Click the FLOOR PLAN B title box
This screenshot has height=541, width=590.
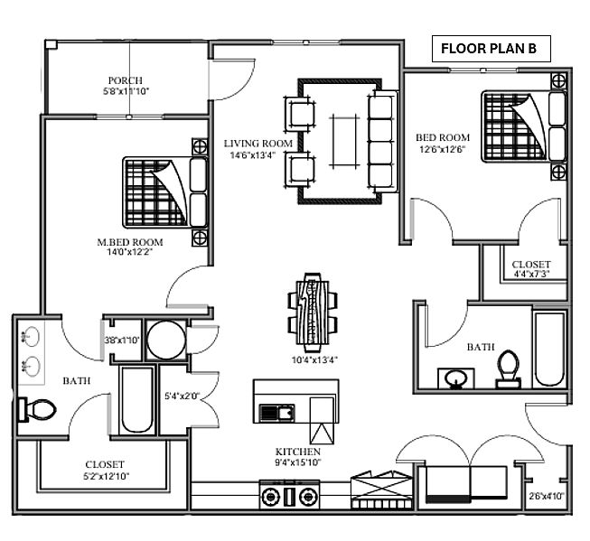tap(491, 49)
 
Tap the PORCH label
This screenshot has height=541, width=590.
tap(126, 80)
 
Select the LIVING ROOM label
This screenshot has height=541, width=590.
tap(258, 144)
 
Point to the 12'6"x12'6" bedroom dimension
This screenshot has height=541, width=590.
tap(443, 149)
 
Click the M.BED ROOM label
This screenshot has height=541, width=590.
tap(130, 242)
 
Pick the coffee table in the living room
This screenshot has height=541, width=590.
tap(344, 140)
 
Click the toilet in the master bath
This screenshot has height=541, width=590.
tap(37, 408)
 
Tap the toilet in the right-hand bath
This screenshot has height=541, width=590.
tap(509, 368)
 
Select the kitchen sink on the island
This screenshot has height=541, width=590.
tap(277, 413)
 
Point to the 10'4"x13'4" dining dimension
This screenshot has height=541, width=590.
tap(314, 360)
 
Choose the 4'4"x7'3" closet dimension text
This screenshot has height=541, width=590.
tap(531, 274)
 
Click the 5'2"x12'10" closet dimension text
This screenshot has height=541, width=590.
tap(106, 476)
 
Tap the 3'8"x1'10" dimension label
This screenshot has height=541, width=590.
tap(122, 340)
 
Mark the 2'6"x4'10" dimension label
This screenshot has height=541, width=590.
tap(547, 496)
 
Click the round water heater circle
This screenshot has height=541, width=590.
tap(166, 340)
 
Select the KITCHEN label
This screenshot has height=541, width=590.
tap(297, 452)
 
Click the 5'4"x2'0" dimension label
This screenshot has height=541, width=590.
tap(183, 396)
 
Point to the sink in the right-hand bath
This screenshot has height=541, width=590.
tap(456, 378)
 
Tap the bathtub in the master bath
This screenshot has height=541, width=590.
tap(136, 400)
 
